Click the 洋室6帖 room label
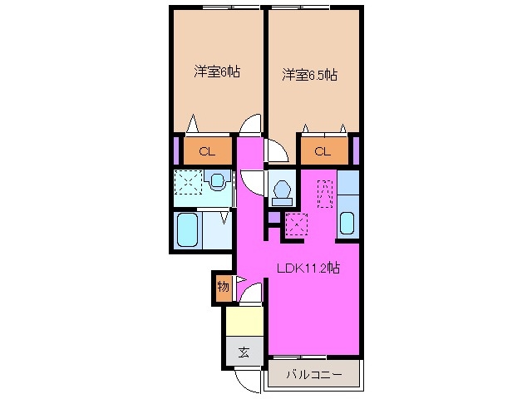click(217, 71)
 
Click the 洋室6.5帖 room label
click(309, 76)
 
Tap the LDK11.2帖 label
click(308, 268)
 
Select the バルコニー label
click(314, 375)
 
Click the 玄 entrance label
click(244, 352)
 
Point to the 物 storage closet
click(223, 288)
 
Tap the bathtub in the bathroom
click(188, 230)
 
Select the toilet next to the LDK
click(282, 191)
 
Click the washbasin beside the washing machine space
click(219, 180)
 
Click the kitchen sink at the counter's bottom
click(347, 224)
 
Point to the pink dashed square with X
click(297, 224)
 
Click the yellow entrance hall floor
click(244, 320)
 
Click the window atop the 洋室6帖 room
click(219, 8)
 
